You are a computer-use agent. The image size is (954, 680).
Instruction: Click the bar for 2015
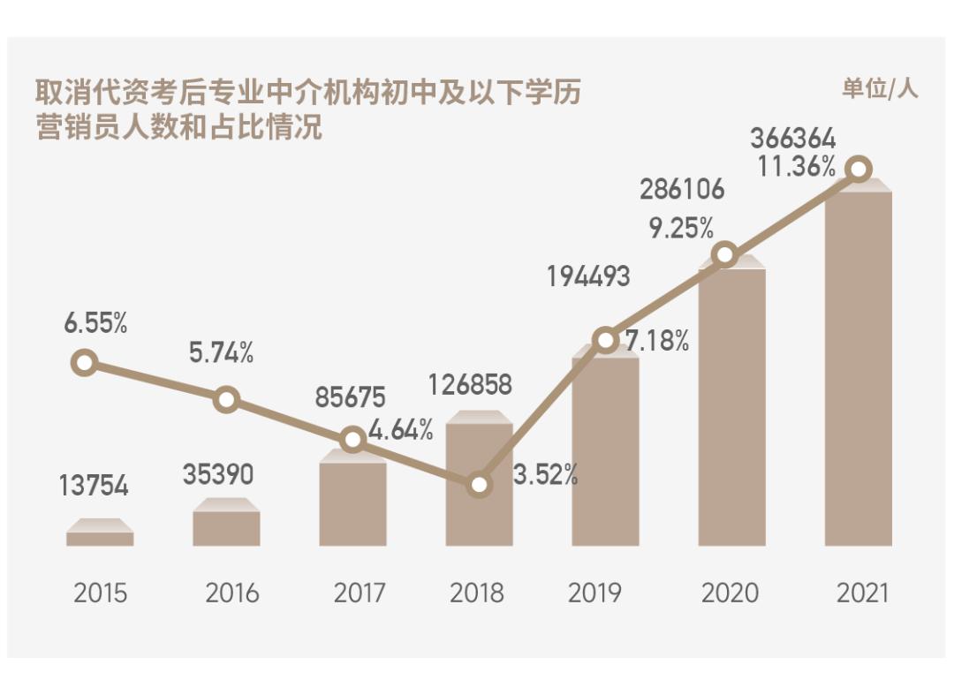click(100, 537)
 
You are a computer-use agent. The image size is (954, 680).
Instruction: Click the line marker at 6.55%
click(84, 362)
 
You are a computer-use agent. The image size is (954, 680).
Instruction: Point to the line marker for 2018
click(479, 484)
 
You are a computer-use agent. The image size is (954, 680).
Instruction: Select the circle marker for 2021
click(858, 169)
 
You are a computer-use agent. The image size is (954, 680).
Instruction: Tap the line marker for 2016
click(226, 399)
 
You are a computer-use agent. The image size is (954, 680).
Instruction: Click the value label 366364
click(792, 140)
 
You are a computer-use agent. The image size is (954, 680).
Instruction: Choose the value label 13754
click(95, 486)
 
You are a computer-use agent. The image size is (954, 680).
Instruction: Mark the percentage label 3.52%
click(545, 476)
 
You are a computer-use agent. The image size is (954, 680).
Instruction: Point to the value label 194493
click(588, 276)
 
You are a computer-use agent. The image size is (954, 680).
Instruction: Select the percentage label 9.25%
click(681, 229)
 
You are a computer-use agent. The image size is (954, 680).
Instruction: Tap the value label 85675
click(352, 398)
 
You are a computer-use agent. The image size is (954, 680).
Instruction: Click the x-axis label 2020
click(730, 593)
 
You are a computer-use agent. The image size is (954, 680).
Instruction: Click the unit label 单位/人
click(879, 88)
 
